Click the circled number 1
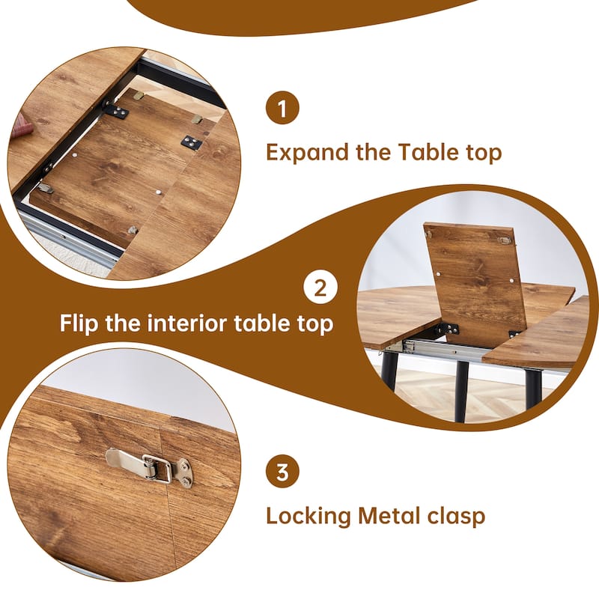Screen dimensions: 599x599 (282, 110)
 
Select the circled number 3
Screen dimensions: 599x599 (282, 472)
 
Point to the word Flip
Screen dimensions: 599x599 (82, 325)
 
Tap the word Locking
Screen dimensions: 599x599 (308, 516)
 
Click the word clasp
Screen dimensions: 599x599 (457, 516)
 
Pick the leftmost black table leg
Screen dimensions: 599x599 (390, 370)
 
